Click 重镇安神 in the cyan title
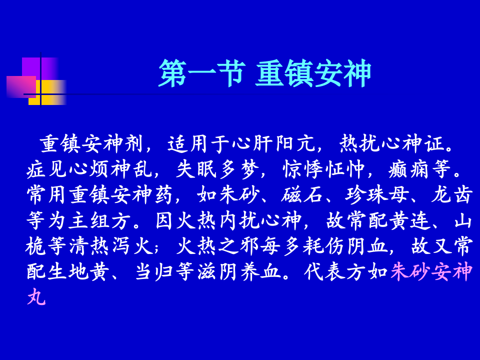coord(313,73)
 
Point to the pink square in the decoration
coord(19,86)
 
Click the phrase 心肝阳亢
coord(273,144)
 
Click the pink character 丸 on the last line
coord(36,297)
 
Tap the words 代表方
coord(335,272)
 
